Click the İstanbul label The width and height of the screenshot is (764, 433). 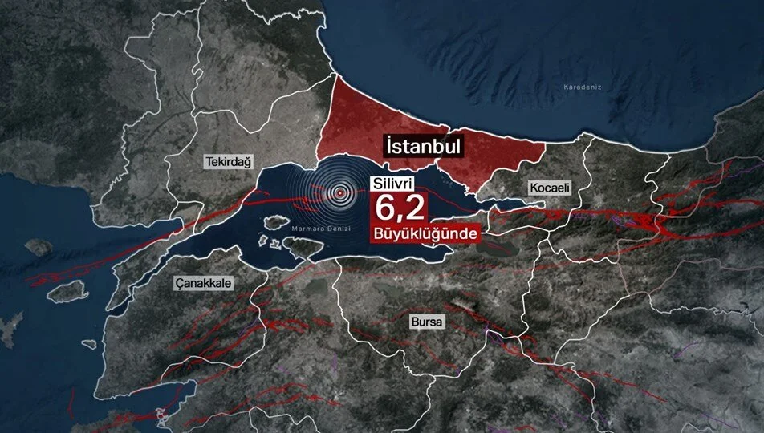422,147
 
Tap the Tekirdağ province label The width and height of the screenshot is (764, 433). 228,162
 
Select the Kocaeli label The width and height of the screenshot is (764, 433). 549,187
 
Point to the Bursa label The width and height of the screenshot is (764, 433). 426,322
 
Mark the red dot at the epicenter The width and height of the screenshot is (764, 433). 341,192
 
